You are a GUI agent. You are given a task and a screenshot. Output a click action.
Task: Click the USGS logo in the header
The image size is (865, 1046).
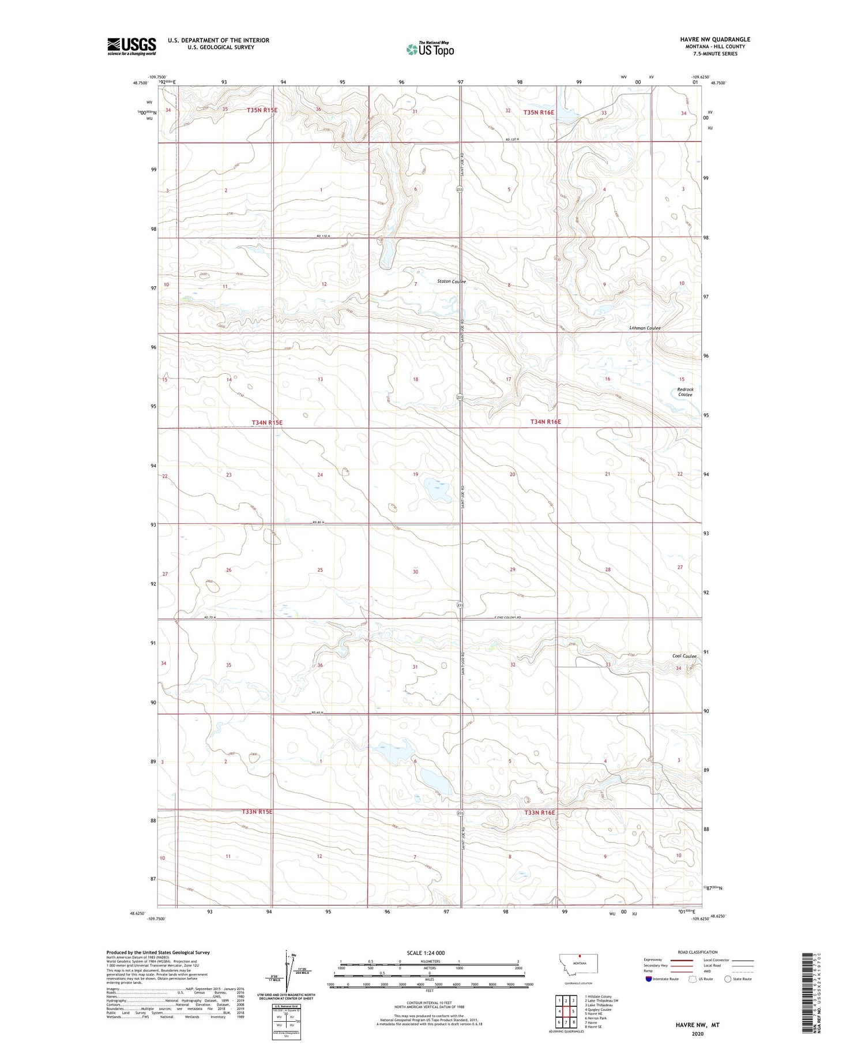(131, 46)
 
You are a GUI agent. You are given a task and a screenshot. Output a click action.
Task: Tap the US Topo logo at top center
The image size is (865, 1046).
(430, 50)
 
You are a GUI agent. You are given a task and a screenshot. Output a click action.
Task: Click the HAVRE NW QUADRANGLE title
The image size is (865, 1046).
(715, 39)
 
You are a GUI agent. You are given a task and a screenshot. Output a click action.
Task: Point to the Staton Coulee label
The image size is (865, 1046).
(451, 282)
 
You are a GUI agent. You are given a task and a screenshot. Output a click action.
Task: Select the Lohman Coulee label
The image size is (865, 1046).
(645, 328)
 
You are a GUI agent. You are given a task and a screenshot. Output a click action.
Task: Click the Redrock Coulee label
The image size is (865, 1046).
(685, 392)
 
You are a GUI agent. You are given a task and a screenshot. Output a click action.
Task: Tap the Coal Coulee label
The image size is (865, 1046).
(684, 656)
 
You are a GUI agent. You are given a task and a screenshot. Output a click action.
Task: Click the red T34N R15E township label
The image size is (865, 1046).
(267, 422)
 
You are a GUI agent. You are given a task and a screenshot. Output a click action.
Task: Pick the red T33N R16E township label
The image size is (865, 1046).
(539, 812)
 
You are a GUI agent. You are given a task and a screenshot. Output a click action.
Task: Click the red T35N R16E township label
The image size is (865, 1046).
(538, 112)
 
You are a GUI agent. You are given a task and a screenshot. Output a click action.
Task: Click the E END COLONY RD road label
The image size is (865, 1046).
(507, 618)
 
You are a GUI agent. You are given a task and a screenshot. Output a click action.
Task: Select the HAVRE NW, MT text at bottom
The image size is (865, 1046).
(697, 1025)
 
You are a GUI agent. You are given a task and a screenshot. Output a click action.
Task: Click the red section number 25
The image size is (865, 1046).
(320, 570)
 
